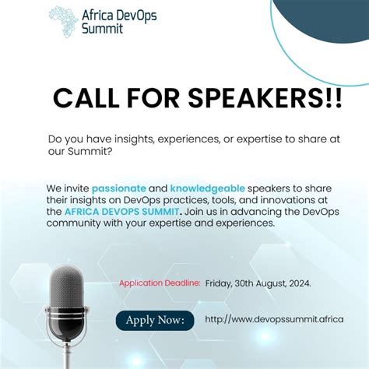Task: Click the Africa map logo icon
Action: coord(62,21)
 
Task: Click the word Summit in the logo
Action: coord(102,29)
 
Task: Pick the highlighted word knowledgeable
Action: coord(208,188)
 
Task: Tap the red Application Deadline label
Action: coord(160,283)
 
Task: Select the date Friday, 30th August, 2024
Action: coord(258,283)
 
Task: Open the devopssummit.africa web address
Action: coord(274,319)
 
